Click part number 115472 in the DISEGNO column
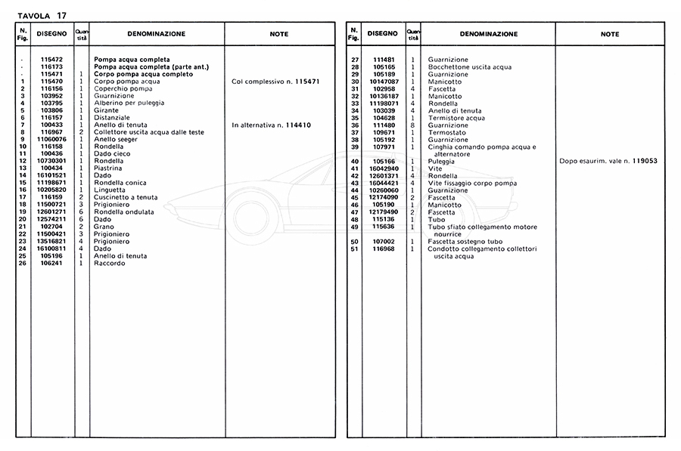(x=51, y=59)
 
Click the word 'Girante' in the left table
(x=106, y=110)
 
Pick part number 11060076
(x=51, y=139)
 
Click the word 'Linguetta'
(x=110, y=190)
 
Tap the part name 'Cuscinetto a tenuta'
(x=124, y=197)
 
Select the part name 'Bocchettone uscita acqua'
(x=469, y=66)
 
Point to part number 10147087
(x=384, y=81)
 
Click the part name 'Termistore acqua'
(x=456, y=118)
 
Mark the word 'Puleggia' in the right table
(x=442, y=161)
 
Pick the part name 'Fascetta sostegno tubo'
(x=465, y=241)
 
